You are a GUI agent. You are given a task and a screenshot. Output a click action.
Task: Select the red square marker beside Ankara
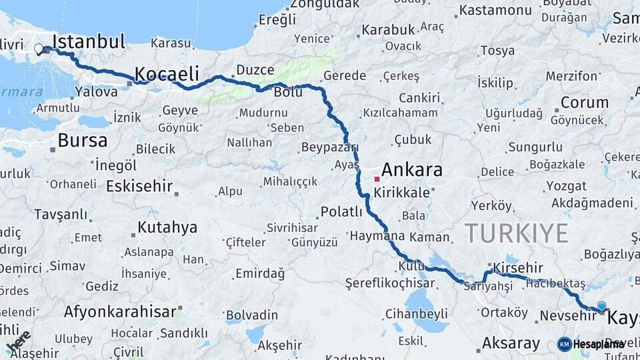[x=377, y=179]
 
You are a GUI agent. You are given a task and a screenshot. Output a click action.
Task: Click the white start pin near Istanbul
[x=38, y=49]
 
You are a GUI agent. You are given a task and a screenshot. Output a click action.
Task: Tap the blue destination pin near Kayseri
[x=601, y=307]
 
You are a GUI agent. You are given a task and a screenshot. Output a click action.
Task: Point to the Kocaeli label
[x=167, y=73]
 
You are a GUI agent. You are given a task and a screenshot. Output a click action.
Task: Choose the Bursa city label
[x=82, y=141]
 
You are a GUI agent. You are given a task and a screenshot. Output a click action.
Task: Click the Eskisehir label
[x=139, y=186]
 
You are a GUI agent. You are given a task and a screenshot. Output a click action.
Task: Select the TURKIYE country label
[x=516, y=233]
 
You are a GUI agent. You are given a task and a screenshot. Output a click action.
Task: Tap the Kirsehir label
[x=518, y=267]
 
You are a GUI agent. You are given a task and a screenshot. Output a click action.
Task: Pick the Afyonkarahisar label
[x=121, y=311]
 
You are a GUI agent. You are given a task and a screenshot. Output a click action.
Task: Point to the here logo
[x=18, y=341]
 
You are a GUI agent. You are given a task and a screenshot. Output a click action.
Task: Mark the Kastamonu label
[x=495, y=10]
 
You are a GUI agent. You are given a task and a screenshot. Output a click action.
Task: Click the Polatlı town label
[x=341, y=212]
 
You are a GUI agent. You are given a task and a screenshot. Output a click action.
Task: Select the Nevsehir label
[x=567, y=315]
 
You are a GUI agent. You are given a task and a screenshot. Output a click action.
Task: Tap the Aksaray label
[x=511, y=343]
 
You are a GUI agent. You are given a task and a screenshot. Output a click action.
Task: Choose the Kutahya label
[x=167, y=228]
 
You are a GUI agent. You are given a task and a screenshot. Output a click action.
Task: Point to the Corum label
[x=584, y=103]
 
